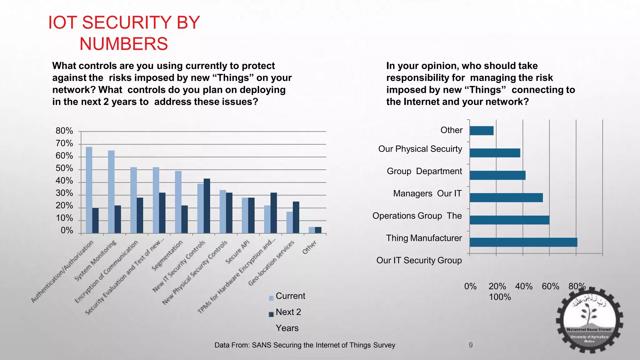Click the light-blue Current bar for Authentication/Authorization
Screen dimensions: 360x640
click(89, 190)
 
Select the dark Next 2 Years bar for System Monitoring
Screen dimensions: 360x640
click(117, 219)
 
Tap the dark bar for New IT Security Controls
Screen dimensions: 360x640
click(207, 206)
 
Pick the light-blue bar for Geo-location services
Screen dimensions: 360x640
click(290, 222)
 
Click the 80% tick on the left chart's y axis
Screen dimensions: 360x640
click(64, 131)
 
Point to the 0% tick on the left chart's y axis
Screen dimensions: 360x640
click(67, 231)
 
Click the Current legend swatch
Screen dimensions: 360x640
click(271, 298)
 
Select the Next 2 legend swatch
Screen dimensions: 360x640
click(271, 314)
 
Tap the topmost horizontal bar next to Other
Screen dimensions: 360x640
click(482, 131)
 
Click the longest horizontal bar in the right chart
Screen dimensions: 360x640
click(523, 242)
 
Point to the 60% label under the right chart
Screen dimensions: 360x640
click(550, 286)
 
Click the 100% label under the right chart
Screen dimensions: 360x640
click(500, 297)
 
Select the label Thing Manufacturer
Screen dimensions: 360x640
click(424, 238)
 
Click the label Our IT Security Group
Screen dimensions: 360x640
click(419, 260)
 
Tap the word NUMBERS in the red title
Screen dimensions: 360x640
click(123, 44)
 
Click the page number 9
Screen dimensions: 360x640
click(471, 345)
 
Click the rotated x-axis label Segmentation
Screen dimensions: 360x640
click(167, 256)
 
